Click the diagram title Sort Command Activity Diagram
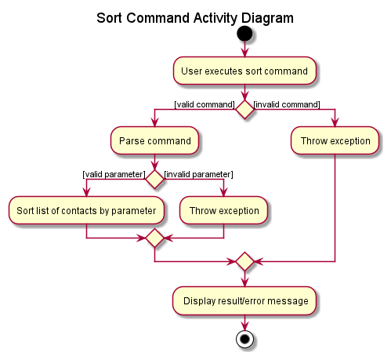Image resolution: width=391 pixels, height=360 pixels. [195, 17]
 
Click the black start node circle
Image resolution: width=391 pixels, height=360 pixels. [244, 34]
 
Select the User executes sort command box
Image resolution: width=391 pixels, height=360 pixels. [244, 71]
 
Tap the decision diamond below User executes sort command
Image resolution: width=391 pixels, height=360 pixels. [244, 109]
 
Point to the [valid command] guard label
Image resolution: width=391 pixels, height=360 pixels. [205, 104]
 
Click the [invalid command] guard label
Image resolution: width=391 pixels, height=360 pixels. [287, 104]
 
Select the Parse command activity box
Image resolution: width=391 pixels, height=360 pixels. [154, 141]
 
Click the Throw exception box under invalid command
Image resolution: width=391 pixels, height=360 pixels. [335, 141]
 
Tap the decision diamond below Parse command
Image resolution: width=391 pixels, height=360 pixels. [154, 179]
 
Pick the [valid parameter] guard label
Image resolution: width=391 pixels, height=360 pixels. [114, 173]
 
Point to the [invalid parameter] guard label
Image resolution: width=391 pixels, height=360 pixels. [198, 173]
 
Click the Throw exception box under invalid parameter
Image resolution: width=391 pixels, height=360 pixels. [224, 210]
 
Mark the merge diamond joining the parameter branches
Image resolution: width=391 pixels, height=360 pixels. [154, 237]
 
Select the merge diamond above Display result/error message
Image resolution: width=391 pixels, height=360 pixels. [244, 262]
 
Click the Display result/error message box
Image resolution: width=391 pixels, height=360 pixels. [244, 300]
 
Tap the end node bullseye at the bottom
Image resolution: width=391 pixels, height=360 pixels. [244, 340]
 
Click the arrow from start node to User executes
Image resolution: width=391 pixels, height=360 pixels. [244, 49]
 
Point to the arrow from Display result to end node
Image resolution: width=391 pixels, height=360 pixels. [244, 322]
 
